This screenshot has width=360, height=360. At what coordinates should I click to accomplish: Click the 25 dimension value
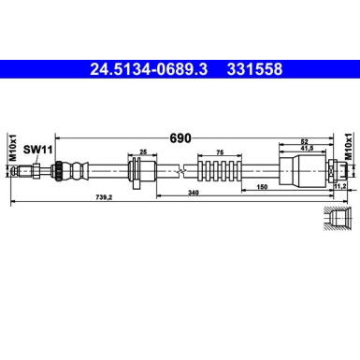coord(143,151)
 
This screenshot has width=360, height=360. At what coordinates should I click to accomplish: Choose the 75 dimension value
coord(218,151)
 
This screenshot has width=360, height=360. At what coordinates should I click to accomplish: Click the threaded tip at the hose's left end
coord(34,170)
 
